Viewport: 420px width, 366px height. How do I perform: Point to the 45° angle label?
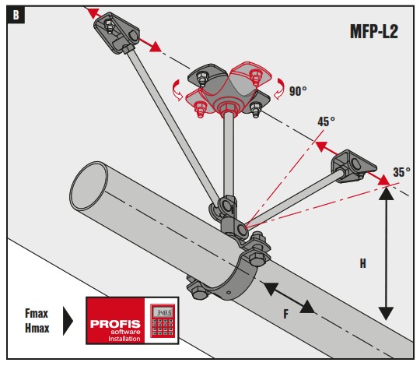pyautogui.click(x=326, y=122)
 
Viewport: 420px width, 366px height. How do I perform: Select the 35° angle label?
pyautogui.click(x=401, y=172)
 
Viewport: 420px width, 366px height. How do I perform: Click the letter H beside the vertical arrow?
pyautogui.click(x=362, y=263)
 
